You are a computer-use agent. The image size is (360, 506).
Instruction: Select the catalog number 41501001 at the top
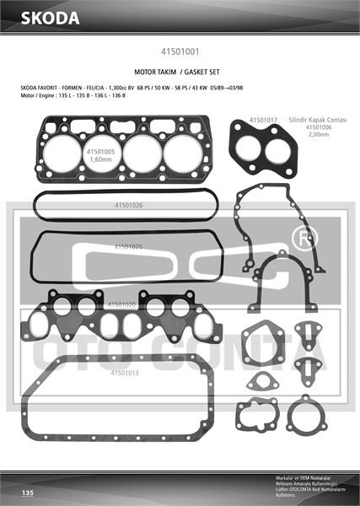tap(180, 51)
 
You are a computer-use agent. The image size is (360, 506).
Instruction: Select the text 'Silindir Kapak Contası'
tap(318, 121)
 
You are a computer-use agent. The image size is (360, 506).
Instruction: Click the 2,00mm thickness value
tap(319, 135)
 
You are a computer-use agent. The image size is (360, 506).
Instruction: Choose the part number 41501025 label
tap(127, 246)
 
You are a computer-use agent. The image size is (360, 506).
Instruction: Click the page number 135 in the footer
tap(27, 492)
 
